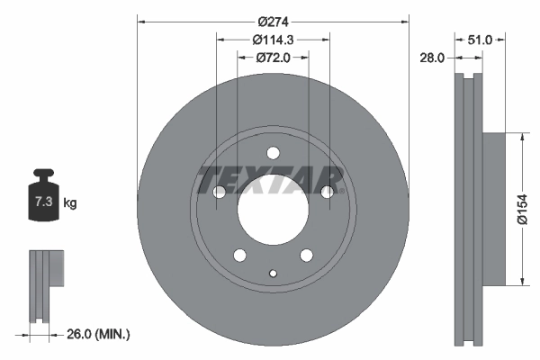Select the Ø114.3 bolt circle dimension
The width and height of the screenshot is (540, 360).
[x=273, y=39]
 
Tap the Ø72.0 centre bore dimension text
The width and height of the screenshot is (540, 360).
[x=273, y=57]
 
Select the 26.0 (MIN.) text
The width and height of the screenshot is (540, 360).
[x=99, y=334]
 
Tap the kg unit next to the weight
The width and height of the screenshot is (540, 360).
[x=70, y=203]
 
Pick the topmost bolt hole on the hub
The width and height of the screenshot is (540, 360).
[x=273, y=152]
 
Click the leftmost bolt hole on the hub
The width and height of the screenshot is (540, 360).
[x=219, y=192]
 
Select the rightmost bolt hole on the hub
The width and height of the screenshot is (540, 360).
[x=327, y=192]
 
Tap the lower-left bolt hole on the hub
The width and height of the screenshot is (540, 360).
[x=239, y=255]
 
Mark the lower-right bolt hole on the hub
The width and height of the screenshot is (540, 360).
[x=306, y=255]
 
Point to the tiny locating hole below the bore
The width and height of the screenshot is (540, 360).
[x=273, y=273]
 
